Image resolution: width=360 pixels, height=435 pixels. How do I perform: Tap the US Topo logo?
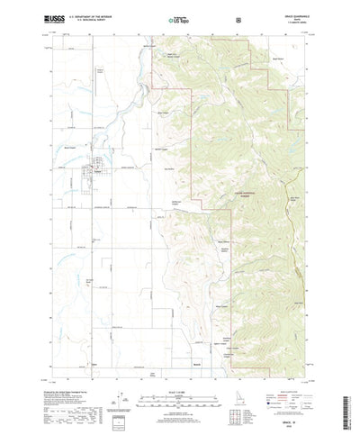coord(179,17)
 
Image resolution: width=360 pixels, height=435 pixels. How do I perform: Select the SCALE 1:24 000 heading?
coord(179,368)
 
